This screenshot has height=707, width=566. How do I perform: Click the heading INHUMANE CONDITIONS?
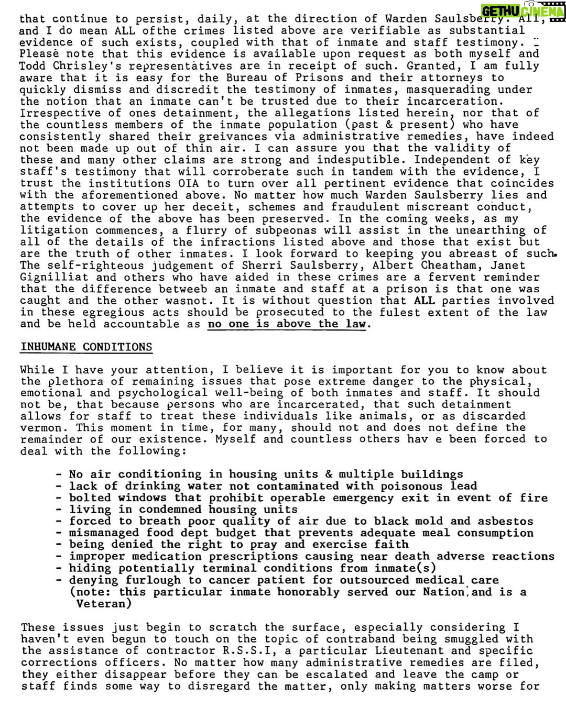tap(86, 347)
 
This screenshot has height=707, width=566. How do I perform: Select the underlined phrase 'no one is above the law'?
tap(287, 324)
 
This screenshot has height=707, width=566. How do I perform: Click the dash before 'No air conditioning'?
tap(59, 474)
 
